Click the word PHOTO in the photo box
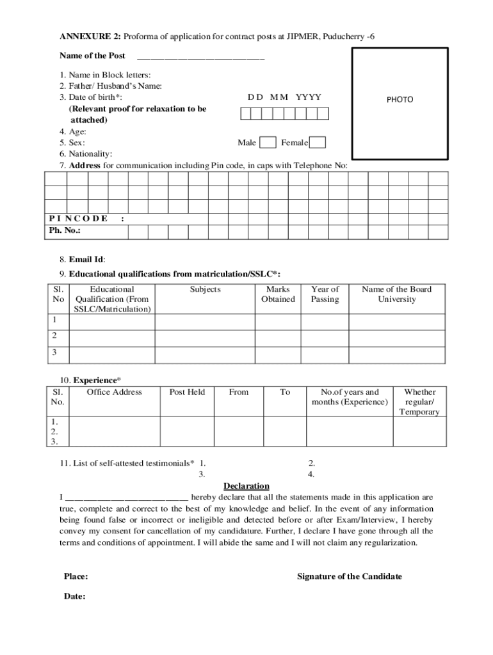[400, 100]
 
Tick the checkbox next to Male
[268, 143]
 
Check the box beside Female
[318, 143]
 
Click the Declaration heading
[247, 486]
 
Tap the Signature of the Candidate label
[350, 576]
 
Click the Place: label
[76, 576]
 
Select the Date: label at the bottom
[74, 596]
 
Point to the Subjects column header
[205, 289]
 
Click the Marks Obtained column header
[279, 294]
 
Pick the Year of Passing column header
[325, 294]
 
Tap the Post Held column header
[187, 392]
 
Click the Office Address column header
[114, 392]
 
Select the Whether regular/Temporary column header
[419, 402]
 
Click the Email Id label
[87, 259]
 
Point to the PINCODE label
[78, 219]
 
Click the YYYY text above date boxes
[308, 97]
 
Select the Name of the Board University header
[396, 294]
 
